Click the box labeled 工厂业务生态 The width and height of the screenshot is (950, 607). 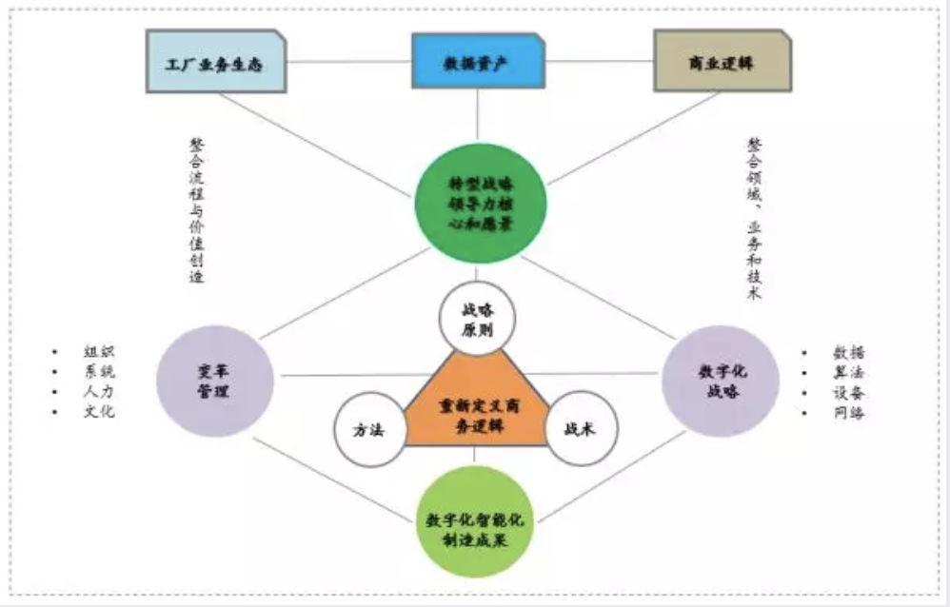[215, 64]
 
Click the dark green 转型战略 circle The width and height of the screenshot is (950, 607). [480, 204]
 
